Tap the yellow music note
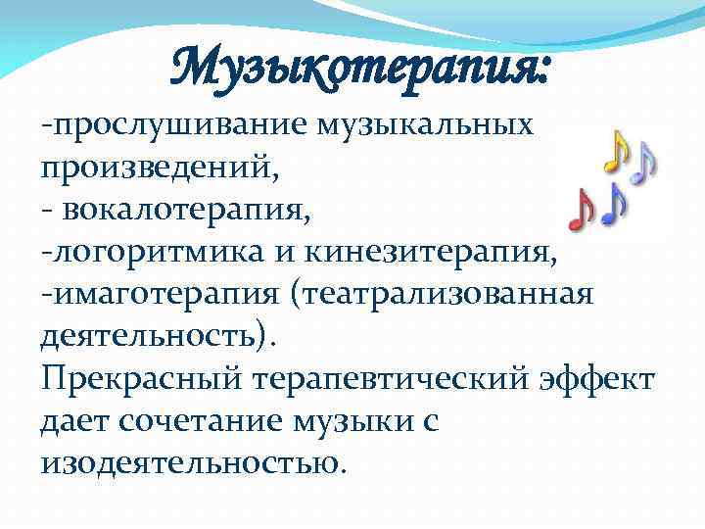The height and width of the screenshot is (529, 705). [x=614, y=154]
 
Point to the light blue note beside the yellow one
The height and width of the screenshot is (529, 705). [x=643, y=162]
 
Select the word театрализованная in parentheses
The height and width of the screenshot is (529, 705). [x=450, y=294]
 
